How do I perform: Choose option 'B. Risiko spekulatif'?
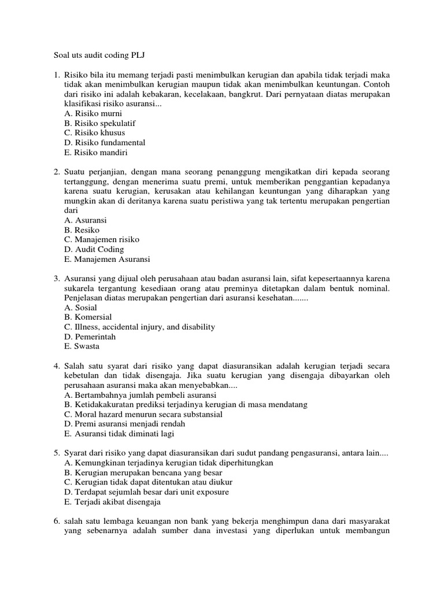(x=100, y=124)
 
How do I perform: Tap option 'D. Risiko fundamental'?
(x=105, y=143)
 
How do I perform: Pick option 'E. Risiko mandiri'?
(x=96, y=153)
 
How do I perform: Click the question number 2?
(x=57, y=172)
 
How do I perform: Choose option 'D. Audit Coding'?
(x=94, y=249)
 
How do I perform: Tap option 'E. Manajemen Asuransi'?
(x=107, y=259)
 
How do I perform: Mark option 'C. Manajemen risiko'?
(x=102, y=239)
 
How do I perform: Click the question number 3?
(x=57, y=279)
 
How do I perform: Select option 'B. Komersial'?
(x=88, y=317)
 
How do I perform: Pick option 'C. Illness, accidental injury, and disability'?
(x=140, y=327)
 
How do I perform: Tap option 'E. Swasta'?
(x=82, y=346)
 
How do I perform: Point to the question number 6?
(x=57, y=521)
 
